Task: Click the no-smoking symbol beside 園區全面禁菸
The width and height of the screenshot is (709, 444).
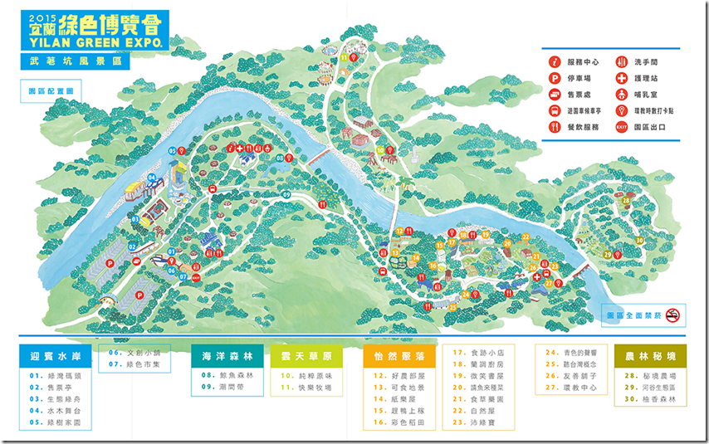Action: click(674, 315)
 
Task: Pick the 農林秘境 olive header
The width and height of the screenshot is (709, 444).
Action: click(650, 356)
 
